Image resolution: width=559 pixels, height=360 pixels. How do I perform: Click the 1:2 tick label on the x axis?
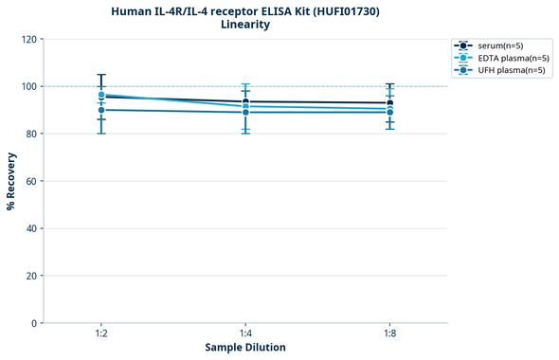coord(101,334)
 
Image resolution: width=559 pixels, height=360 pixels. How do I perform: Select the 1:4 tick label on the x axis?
coord(245,334)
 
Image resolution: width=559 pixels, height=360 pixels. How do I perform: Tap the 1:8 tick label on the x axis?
coord(389,334)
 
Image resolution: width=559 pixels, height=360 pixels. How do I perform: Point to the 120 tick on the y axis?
coord(30,39)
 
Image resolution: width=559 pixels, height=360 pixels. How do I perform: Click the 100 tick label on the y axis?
coord(30,86)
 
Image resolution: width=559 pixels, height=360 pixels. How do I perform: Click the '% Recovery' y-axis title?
coord(11,181)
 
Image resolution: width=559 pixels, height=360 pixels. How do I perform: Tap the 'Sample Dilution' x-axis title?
coord(245,348)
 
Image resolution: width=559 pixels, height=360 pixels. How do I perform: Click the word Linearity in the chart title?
coord(244,25)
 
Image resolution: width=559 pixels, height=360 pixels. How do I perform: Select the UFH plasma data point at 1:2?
coord(101,110)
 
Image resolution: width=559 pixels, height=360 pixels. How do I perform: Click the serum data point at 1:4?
coord(245,101)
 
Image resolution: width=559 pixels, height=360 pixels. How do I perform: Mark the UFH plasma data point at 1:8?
coord(389,112)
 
